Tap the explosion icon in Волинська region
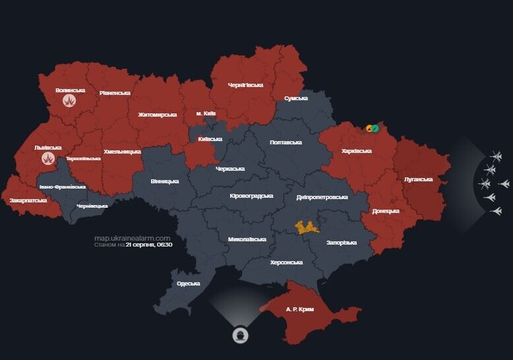tap(70, 101)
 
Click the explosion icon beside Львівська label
tap(48, 158)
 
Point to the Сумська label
tap(295, 98)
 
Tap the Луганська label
tap(418, 179)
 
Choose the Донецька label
tap(385, 211)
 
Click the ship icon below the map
tap(241, 334)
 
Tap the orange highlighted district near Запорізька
tap(307, 227)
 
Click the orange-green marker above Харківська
tap(373, 128)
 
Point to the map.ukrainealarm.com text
tap(132, 237)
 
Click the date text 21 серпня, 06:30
tap(148, 244)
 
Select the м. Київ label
tap(206, 114)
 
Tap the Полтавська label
tap(286, 142)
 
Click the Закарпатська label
tap(28, 200)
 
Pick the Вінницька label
tap(164, 181)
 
